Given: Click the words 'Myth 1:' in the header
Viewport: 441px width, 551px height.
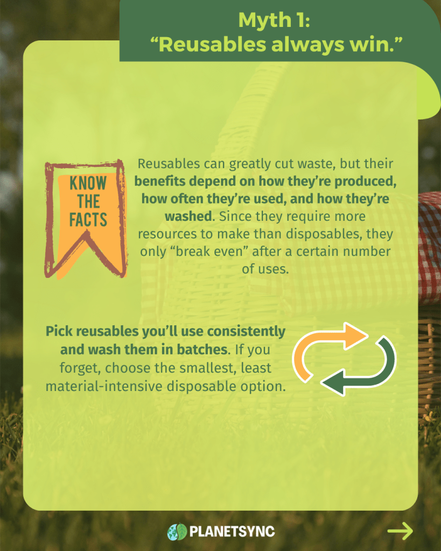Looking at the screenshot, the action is click(274, 20).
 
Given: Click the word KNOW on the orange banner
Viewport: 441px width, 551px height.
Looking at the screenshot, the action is click(88, 183).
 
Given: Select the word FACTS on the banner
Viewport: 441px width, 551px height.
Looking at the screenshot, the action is click(88, 220).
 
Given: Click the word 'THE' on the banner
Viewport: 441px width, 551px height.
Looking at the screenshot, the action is click(88, 201).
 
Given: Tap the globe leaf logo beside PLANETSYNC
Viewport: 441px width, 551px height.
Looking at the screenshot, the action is click(177, 532).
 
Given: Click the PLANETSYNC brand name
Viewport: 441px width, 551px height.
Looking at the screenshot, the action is click(232, 531).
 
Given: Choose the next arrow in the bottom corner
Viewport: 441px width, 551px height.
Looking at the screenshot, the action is click(400, 531).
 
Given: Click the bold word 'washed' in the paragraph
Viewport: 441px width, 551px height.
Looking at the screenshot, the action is click(188, 216).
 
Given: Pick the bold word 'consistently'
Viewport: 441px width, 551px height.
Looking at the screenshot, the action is click(246, 331).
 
